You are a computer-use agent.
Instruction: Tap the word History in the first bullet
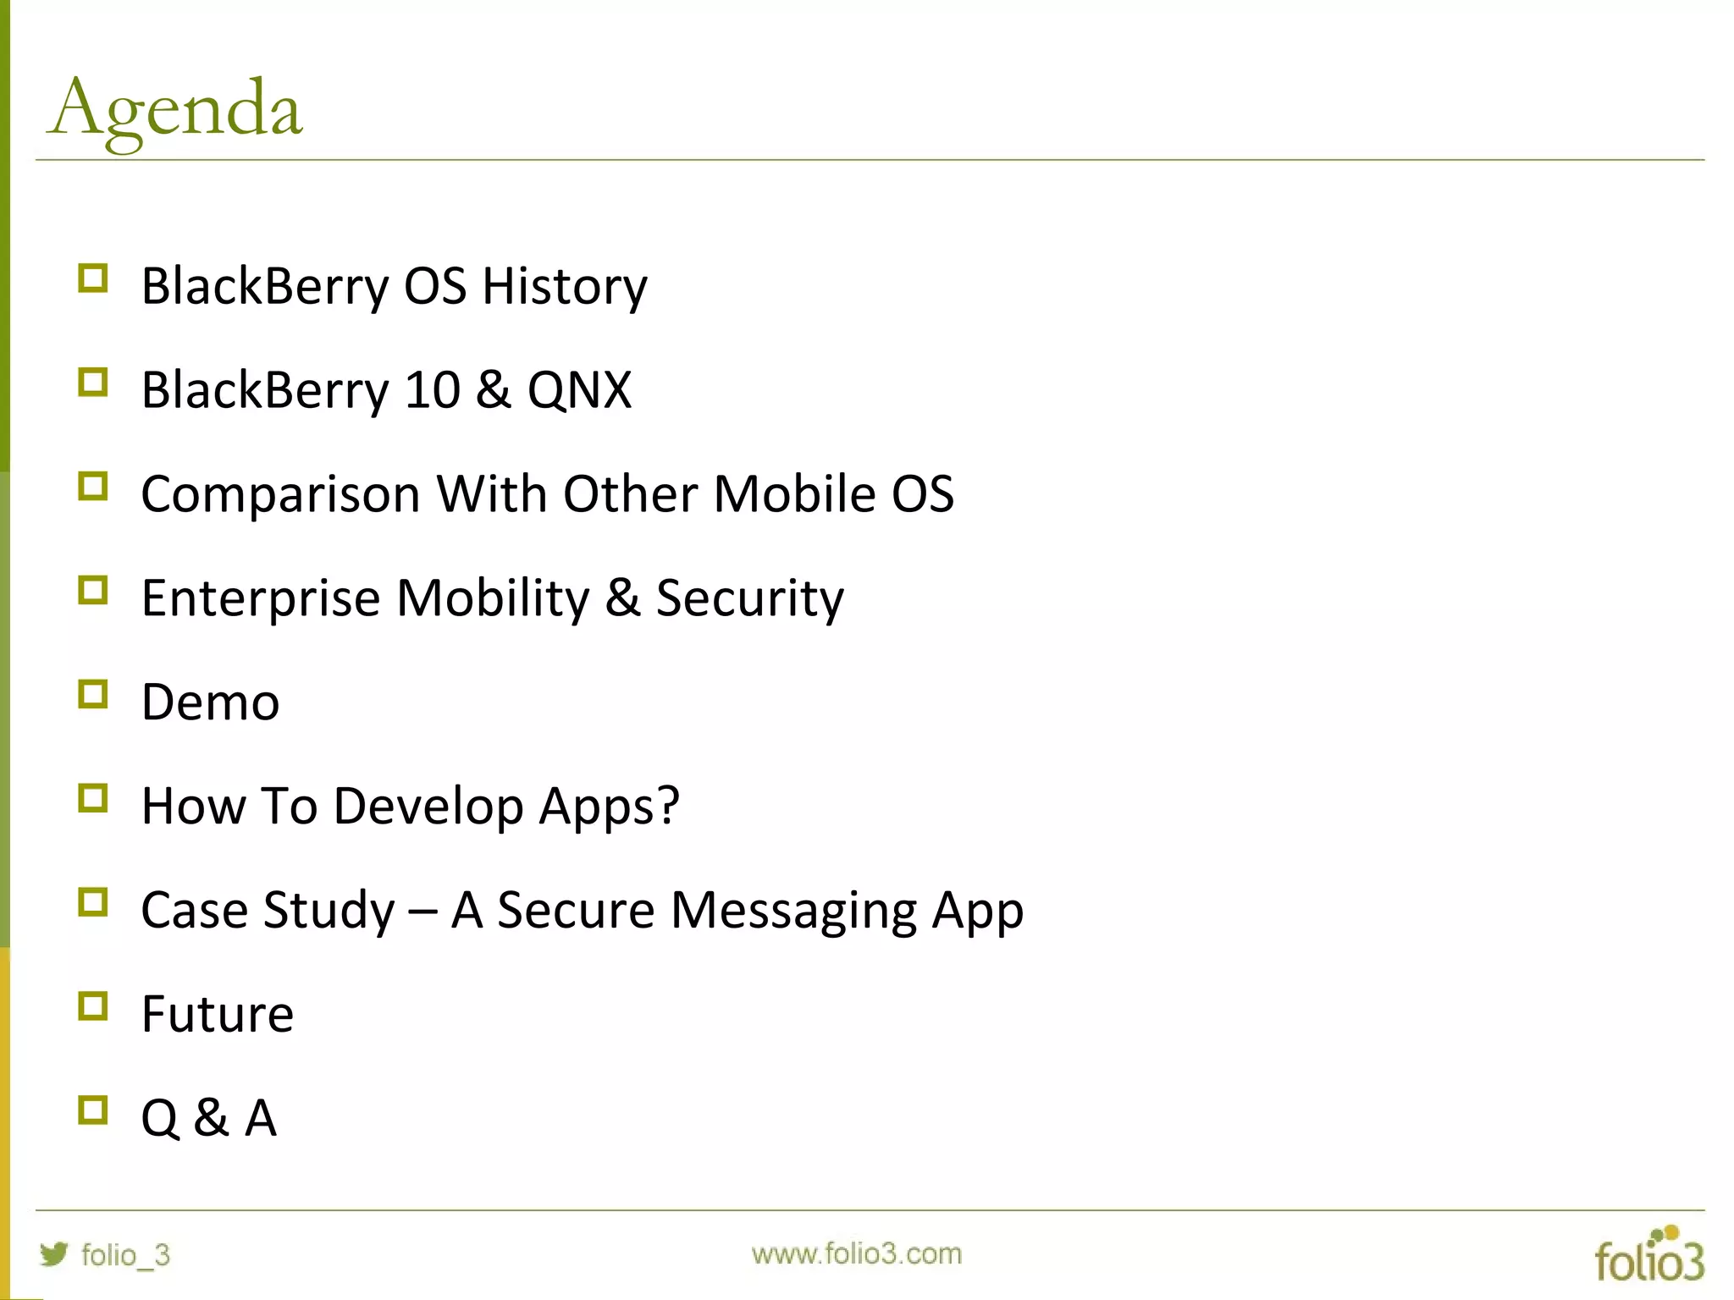(564, 286)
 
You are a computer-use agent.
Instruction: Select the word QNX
(579, 390)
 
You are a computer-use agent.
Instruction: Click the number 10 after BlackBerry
(432, 390)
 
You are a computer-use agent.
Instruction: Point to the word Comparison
(280, 494)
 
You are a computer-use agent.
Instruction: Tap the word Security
(749, 598)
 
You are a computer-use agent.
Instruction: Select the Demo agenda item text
(210, 702)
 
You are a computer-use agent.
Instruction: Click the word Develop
(428, 807)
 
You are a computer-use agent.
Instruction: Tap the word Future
(218, 1014)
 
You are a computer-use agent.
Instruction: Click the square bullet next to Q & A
(92, 1110)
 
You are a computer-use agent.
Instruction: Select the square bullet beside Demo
(92, 694)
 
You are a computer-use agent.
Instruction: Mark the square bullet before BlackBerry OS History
(92, 278)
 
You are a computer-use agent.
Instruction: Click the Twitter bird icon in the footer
(53, 1253)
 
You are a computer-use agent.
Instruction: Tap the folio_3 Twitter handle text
(125, 1254)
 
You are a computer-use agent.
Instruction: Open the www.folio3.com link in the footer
(856, 1253)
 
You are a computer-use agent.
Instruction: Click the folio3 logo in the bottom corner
(1648, 1255)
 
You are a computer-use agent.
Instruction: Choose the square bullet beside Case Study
(92, 902)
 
